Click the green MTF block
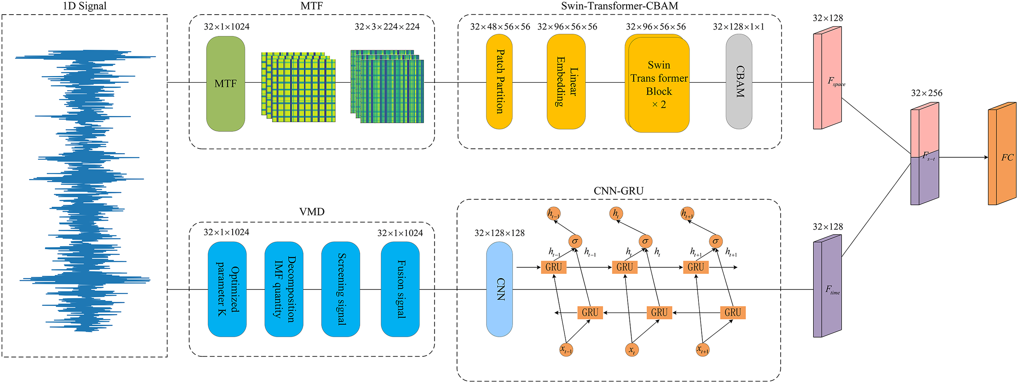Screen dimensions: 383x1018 click(225, 84)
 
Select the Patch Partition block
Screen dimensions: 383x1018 click(499, 82)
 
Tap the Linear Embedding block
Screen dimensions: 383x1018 click(566, 82)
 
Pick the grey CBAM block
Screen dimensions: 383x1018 click(738, 81)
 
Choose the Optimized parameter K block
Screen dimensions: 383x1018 click(227, 289)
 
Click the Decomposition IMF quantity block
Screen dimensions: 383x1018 click(284, 289)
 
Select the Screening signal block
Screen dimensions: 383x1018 click(340, 289)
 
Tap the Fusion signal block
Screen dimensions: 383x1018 click(400, 289)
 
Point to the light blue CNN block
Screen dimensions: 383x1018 click(499, 289)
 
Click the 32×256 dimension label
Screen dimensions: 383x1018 click(926, 93)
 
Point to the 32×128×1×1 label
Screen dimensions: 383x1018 click(738, 27)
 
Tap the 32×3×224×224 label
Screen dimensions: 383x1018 click(387, 27)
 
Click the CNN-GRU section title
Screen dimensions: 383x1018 click(619, 191)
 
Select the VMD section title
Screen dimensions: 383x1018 click(312, 212)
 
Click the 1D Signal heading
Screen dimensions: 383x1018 click(85, 6)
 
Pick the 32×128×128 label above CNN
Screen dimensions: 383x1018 click(500, 233)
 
